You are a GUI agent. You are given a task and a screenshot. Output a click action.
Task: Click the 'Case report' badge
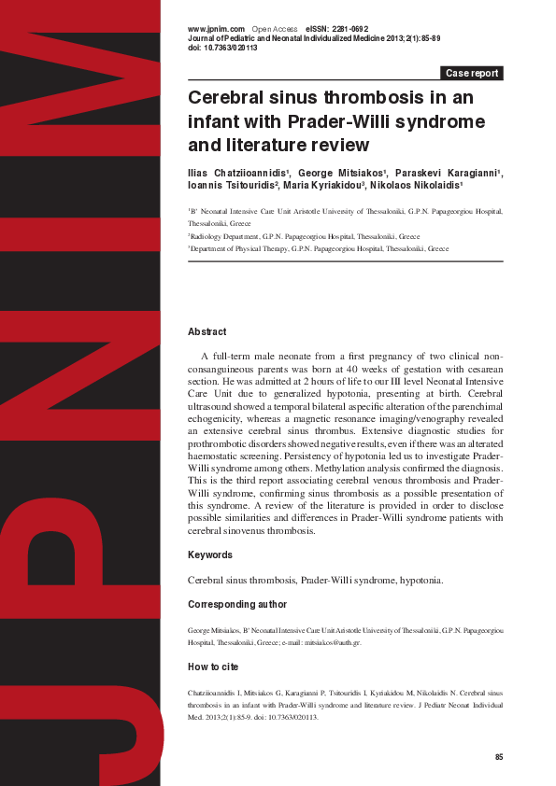[x=472, y=73]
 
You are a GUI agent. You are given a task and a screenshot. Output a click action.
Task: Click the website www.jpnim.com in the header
[x=216, y=29]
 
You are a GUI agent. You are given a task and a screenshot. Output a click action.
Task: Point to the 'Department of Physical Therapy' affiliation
[x=318, y=249]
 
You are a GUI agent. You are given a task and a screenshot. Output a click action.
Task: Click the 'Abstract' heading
[x=207, y=331]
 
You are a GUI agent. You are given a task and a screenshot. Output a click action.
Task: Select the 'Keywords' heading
[x=210, y=555]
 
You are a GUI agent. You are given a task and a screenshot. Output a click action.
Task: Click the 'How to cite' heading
[x=213, y=667]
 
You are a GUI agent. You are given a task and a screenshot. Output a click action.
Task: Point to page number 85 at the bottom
[x=499, y=756]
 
